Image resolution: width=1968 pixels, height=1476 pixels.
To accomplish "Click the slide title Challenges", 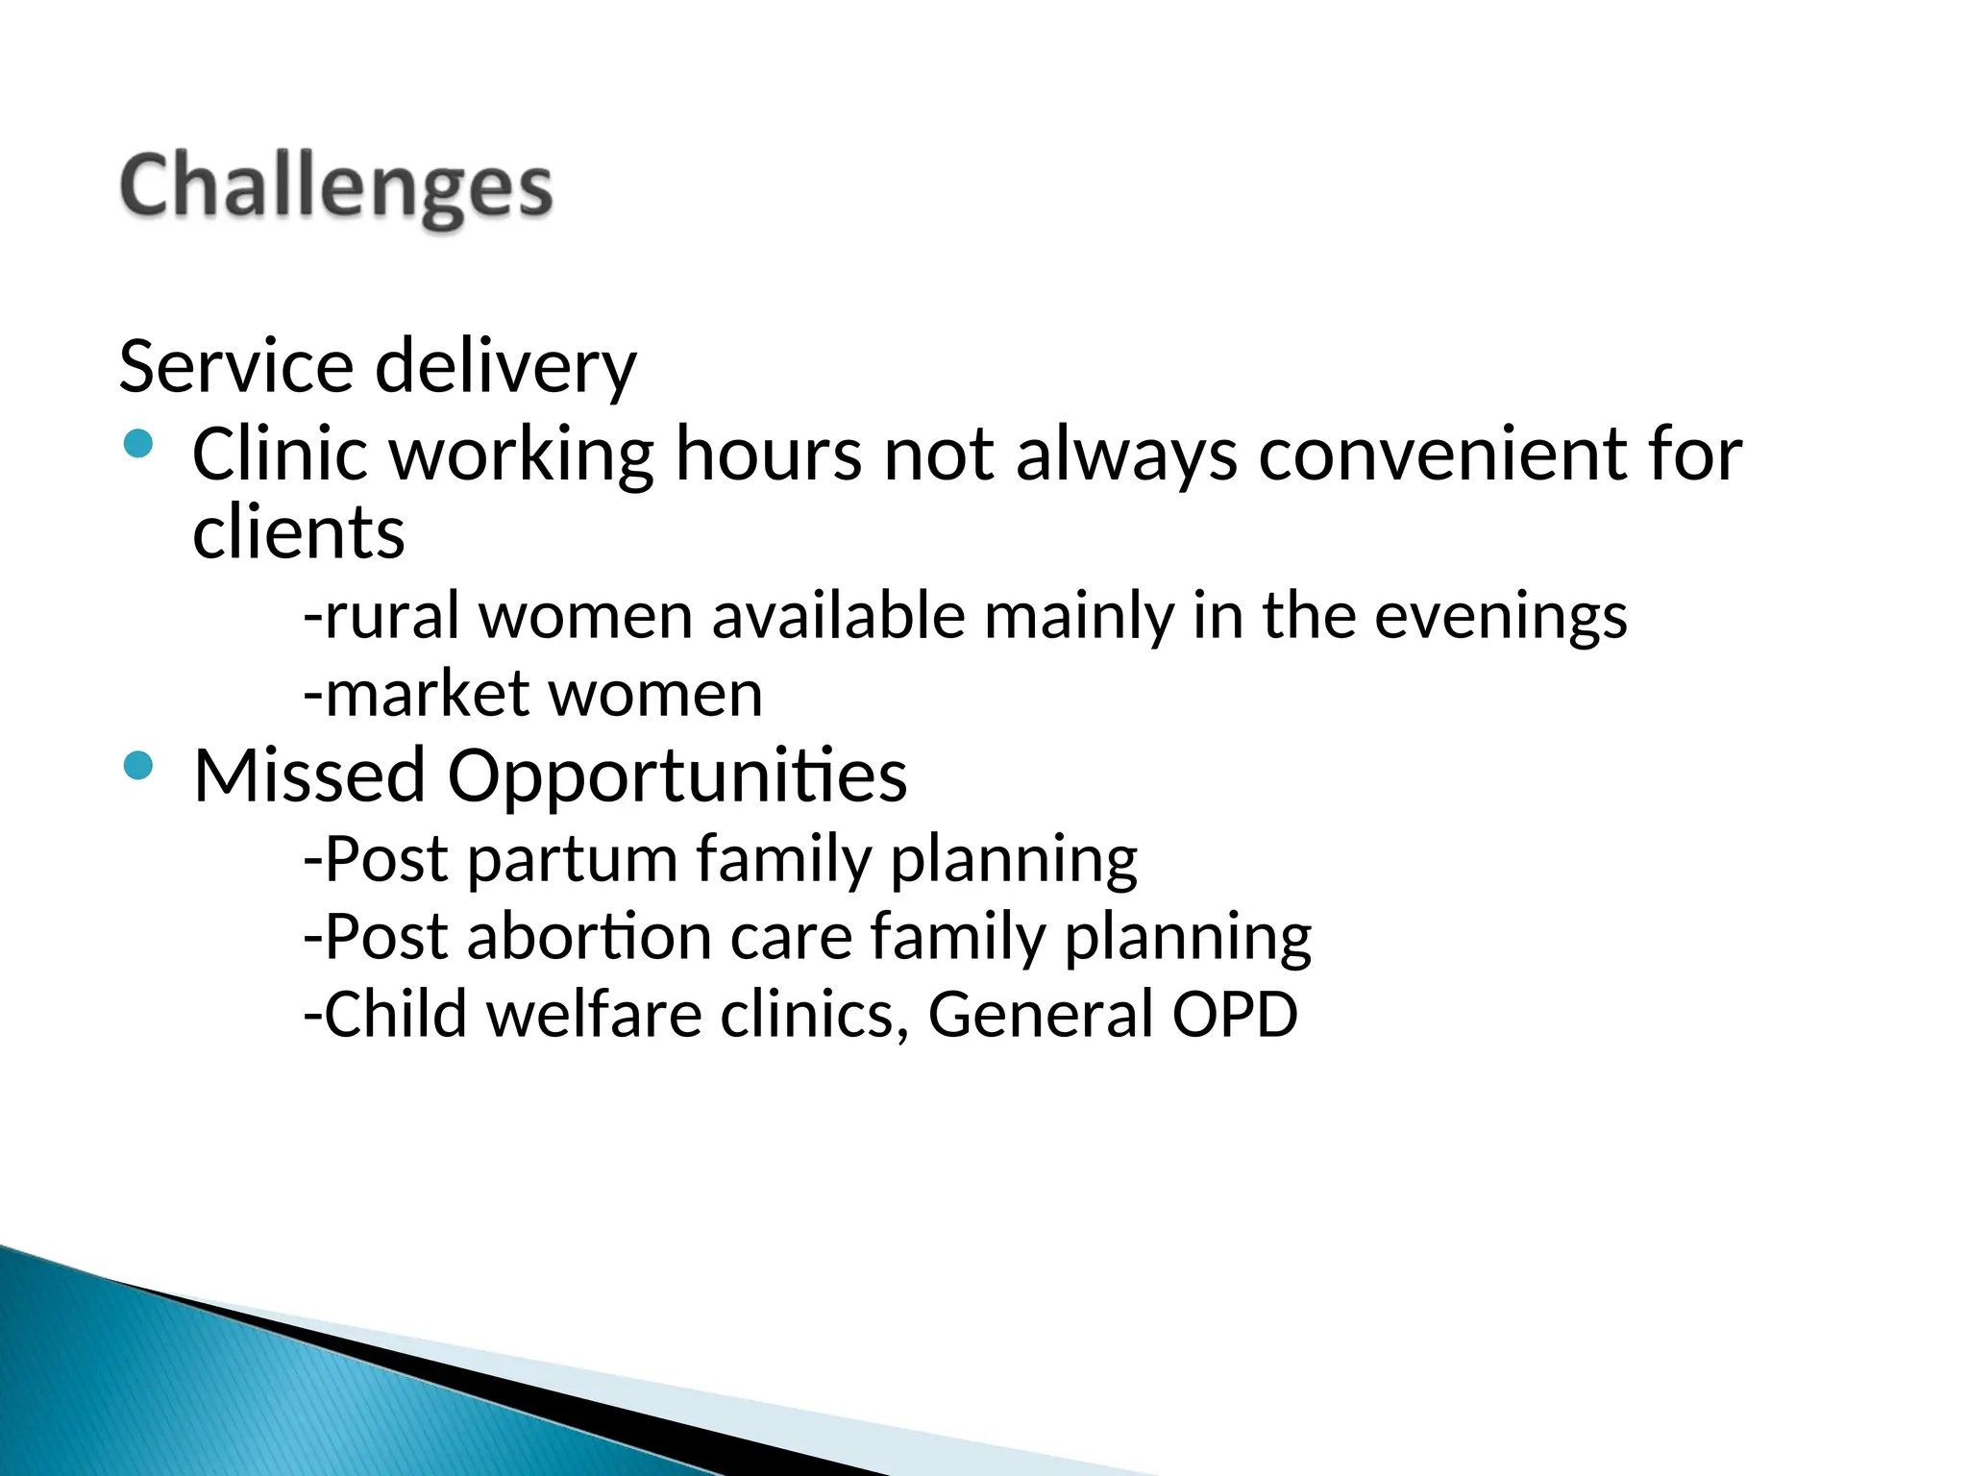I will pos(335,187).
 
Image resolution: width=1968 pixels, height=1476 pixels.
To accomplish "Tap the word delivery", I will pos(505,367).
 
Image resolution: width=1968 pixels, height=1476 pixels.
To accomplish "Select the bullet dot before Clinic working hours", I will pos(139,444).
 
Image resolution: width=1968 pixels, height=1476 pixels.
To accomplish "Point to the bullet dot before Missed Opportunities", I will pos(139,766).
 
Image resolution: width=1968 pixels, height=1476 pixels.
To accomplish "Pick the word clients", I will pos(299,533).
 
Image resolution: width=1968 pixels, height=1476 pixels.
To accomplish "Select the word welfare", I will pos(595,1015).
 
